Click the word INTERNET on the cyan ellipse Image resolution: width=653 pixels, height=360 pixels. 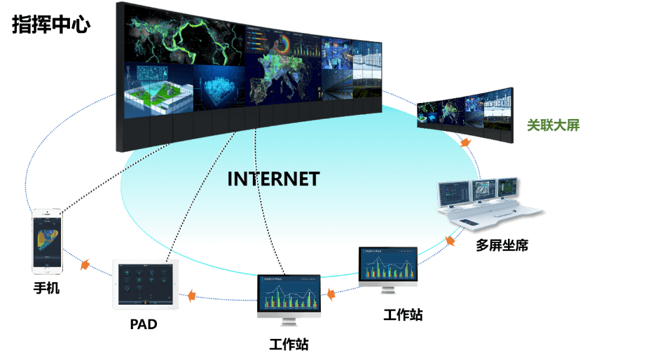[x=273, y=179]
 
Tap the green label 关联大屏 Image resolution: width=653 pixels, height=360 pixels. [x=553, y=126]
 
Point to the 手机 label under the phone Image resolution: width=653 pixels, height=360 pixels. [x=47, y=287]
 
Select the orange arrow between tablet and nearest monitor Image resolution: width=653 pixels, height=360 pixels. [x=191, y=296]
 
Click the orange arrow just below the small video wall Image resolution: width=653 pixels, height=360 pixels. [x=465, y=142]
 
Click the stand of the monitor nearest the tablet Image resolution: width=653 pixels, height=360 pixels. [x=288, y=323]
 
